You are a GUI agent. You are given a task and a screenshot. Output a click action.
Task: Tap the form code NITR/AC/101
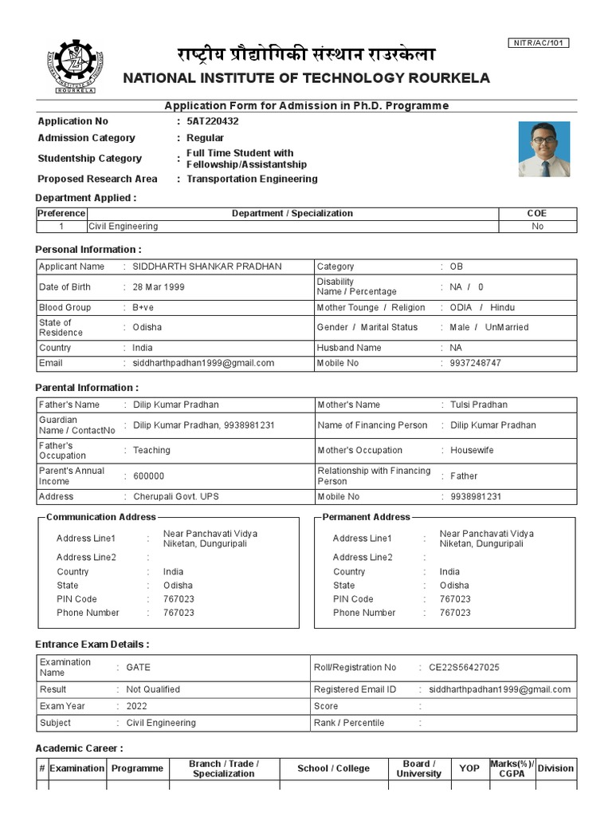[x=538, y=42]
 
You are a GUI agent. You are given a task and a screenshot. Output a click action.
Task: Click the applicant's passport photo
[x=544, y=148]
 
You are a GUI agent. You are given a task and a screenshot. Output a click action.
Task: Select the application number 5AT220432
[x=212, y=121]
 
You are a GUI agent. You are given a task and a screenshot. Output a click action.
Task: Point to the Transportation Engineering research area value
[x=252, y=179]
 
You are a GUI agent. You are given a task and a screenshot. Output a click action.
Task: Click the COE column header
[x=537, y=213]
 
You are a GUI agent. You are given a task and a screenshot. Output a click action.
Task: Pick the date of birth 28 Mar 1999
[x=159, y=287]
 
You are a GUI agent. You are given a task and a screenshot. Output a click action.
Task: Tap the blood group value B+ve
[x=143, y=307]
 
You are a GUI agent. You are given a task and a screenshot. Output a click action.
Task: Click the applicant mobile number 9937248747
[x=470, y=363]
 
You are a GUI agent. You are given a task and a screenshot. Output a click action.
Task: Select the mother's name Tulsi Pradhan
[x=478, y=405]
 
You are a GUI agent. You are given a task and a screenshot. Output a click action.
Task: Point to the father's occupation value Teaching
[x=151, y=451]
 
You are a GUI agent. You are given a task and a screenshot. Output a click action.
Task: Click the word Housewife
[x=472, y=451]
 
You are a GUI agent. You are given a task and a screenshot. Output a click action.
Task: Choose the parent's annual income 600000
[x=149, y=476]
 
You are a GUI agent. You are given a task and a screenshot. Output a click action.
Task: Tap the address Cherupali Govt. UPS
[x=176, y=496]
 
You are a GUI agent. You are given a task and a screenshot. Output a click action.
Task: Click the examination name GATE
[x=138, y=667]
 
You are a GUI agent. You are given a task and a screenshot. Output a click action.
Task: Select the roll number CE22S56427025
[x=465, y=667]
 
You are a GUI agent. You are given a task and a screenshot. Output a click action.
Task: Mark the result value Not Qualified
[x=153, y=689]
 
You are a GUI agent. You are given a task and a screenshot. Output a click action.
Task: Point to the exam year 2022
[x=136, y=706]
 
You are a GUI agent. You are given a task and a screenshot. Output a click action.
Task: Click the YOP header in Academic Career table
[x=469, y=768]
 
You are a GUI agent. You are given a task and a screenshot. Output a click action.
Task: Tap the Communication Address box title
[x=101, y=517]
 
